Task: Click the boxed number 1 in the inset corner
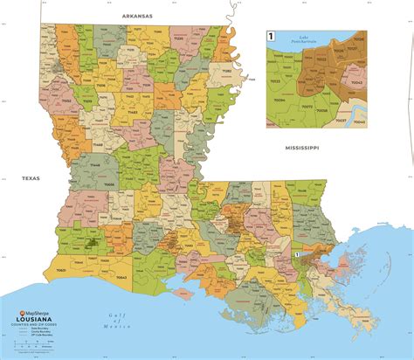point(271,36)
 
